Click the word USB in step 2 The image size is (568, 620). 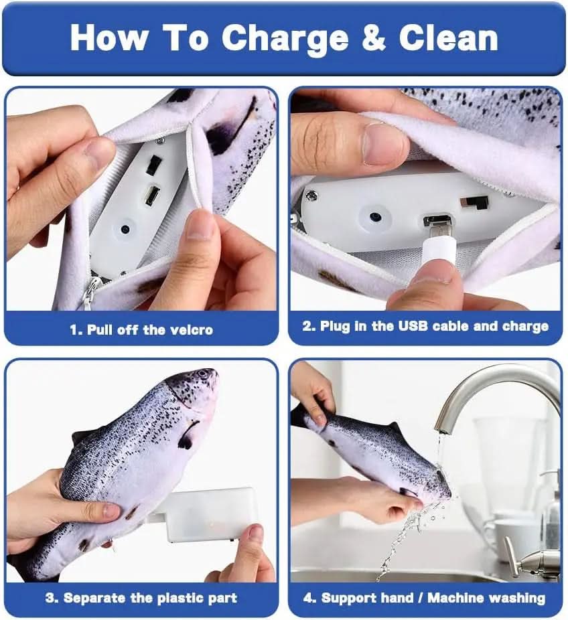413,326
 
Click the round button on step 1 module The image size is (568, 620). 125,228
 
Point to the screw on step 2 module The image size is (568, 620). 311,195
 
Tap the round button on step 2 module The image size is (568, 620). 375,216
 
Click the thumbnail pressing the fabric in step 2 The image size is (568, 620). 382,143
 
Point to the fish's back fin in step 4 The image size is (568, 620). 394,429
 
